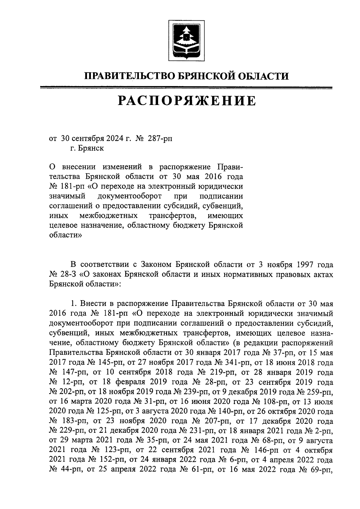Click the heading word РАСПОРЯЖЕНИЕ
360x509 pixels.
tap(187, 101)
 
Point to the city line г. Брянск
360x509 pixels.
tap(87, 148)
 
